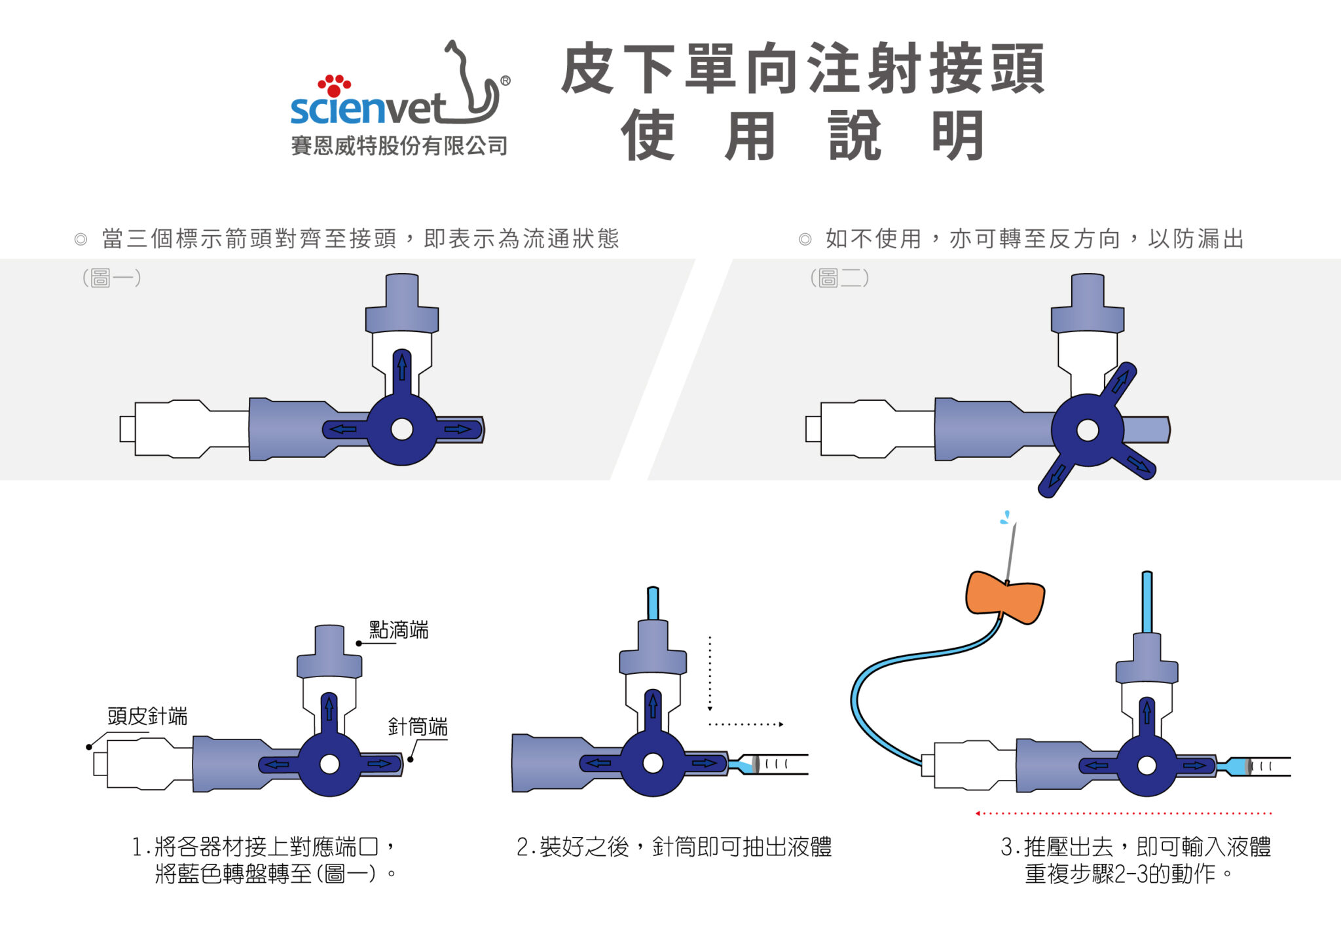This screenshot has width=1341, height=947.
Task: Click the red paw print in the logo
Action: click(x=334, y=85)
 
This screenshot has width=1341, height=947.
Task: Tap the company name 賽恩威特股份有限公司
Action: click(x=399, y=145)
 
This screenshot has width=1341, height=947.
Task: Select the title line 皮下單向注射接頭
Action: click(x=803, y=68)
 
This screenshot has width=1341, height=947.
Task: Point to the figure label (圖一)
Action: click(x=111, y=278)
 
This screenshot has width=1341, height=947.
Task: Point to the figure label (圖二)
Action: click(x=839, y=278)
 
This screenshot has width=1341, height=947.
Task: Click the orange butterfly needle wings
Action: click(x=1005, y=597)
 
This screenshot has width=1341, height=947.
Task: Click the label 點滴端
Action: click(x=398, y=630)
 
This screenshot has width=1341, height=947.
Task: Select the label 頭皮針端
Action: click(x=147, y=716)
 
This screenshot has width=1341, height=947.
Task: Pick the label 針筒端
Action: click(x=418, y=726)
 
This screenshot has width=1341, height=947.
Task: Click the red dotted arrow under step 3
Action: click(x=1123, y=813)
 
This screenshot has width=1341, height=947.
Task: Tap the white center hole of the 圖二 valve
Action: click(x=1088, y=430)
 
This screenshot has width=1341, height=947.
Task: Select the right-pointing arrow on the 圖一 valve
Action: click(x=458, y=430)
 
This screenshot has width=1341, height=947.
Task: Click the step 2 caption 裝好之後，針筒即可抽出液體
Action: click(x=674, y=847)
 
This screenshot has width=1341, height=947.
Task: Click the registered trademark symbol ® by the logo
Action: click(x=505, y=81)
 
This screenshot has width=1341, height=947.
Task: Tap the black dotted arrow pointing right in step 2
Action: click(x=746, y=724)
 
